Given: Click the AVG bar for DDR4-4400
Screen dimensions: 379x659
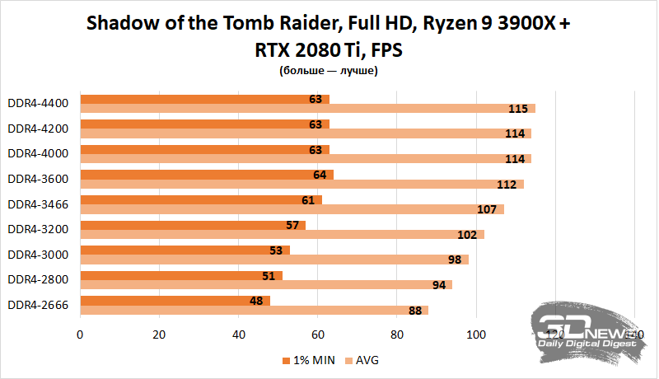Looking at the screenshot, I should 306,109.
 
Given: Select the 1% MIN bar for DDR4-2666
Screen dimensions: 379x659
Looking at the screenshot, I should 175,301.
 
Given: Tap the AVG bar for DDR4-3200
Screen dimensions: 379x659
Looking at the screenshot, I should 281,234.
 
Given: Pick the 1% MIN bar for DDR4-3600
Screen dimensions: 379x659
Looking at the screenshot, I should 206,175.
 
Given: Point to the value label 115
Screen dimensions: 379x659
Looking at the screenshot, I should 517,109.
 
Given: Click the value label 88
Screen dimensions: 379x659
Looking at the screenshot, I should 414,310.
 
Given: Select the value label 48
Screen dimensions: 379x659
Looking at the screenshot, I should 256,301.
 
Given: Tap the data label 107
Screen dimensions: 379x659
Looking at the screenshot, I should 486,209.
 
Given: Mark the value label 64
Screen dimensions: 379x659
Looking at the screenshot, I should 319,175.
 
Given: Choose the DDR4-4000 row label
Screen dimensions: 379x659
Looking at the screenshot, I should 38,153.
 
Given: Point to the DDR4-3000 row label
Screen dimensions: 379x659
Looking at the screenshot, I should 38,254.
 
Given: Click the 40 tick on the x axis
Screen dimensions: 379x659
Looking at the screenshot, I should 239,335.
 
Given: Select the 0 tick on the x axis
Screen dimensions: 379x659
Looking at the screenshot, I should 80,335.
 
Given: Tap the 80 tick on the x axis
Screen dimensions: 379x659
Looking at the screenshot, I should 398,335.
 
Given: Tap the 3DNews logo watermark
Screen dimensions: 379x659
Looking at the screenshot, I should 587,330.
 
